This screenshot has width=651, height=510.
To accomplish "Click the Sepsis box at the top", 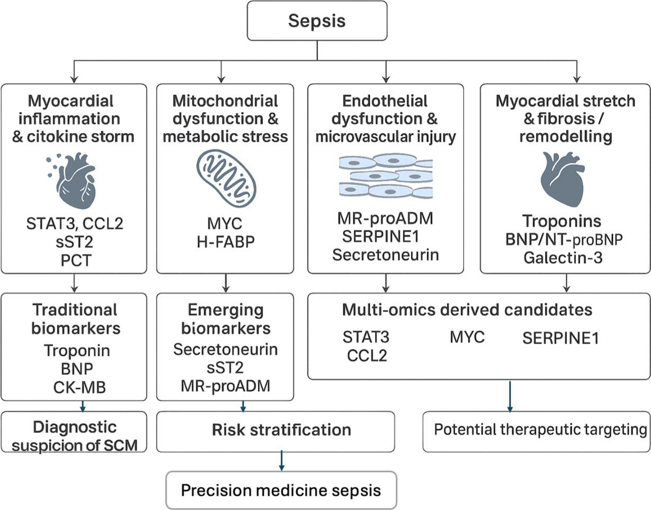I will click(317, 21).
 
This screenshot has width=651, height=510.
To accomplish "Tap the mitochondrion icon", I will click(227, 179).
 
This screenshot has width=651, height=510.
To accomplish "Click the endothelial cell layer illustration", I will click(386, 176).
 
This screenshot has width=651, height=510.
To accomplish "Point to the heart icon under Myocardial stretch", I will click(562, 179).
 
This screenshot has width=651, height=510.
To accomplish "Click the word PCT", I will click(76, 260).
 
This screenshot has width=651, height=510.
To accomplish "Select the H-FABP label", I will click(226, 242).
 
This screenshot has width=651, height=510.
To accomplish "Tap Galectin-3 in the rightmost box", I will click(563, 258).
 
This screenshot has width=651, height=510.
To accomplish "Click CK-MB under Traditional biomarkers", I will click(79, 387).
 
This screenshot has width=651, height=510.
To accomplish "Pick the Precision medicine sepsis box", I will click(281, 490).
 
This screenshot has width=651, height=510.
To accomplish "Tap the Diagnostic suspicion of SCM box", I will click(74, 432).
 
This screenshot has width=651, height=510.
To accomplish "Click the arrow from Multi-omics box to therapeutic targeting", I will click(510, 396).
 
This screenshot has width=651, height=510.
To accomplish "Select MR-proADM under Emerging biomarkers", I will click(226, 386).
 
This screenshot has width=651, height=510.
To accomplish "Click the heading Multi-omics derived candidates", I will click(467, 310).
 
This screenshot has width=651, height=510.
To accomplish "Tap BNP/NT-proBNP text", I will click(564, 240).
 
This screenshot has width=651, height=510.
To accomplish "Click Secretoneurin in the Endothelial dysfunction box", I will click(385, 255).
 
